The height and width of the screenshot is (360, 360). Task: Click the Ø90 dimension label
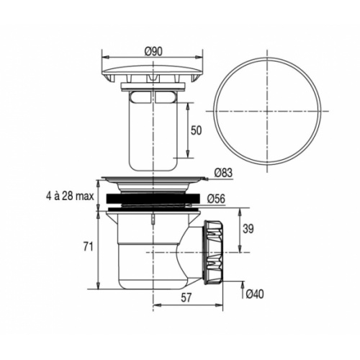[153, 51]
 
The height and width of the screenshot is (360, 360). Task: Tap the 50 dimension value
[196, 130]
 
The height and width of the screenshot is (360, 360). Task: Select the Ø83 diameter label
[224, 173]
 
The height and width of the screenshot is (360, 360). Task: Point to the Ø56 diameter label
[217, 199]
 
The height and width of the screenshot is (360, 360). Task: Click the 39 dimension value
[248, 229]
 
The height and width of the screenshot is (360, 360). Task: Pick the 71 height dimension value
[88, 247]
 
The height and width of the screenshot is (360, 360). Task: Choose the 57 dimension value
[186, 297]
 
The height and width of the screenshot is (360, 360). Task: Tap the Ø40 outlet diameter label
[255, 294]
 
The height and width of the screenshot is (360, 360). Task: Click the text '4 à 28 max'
[70, 197]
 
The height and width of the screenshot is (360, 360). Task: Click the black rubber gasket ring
[153, 198]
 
